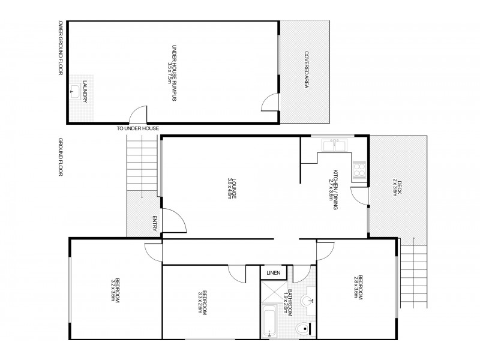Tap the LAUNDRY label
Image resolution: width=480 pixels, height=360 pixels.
(x=85, y=91)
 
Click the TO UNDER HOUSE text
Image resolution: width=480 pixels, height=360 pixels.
(x=139, y=128)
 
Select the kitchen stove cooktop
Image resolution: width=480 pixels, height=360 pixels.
(x=359, y=170)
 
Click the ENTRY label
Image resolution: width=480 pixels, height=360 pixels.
(x=154, y=222)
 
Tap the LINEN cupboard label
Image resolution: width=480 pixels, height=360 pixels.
(x=273, y=273)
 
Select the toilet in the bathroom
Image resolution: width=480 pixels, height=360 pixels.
(x=304, y=328)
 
